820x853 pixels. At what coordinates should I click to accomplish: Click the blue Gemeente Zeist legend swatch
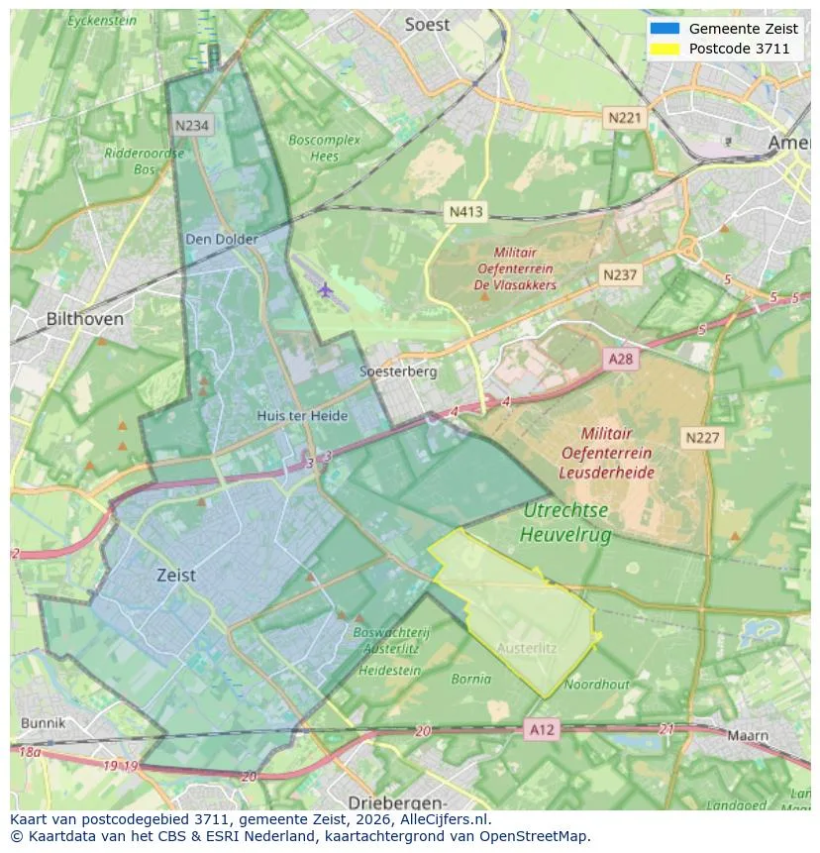tap(665, 29)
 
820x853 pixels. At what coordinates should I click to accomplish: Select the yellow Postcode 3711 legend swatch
tap(665, 49)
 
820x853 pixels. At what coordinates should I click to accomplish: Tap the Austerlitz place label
tap(526, 648)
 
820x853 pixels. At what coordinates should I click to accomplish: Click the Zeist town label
tap(176, 575)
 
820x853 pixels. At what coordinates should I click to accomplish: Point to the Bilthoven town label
tap(85, 319)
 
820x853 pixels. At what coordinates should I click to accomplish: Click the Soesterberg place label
tap(398, 372)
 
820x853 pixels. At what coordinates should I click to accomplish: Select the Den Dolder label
tap(222, 239)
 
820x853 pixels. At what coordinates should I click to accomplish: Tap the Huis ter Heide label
tap(302, 416)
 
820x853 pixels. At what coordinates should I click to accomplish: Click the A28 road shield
tap(620, 359)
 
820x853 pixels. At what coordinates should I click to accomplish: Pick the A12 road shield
tap(542, 729)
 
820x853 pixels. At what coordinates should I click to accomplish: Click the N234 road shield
tap(191, 125)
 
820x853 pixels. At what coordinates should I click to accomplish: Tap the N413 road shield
tap(465, 211)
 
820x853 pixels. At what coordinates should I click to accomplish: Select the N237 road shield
tap(620, 274)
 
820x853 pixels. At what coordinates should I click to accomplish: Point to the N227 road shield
tap(703, 437)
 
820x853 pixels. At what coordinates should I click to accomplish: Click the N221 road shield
tap(624, 117)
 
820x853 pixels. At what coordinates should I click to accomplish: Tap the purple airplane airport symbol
tap(326, 289)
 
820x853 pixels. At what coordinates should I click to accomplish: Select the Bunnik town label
tap(43, 723)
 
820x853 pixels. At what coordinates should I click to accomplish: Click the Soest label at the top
tap(427, 25)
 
